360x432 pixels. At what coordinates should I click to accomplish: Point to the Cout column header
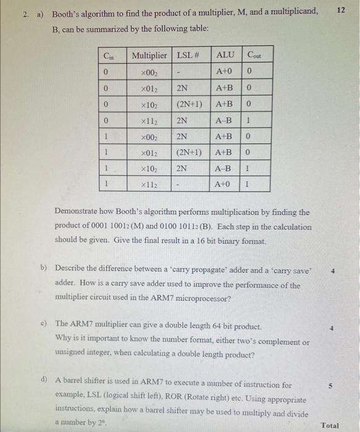click(x=254, y=56)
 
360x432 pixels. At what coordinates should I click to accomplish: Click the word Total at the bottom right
click(x=330, y=425)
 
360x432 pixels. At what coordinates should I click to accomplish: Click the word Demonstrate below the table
click(x=80, y=212)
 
